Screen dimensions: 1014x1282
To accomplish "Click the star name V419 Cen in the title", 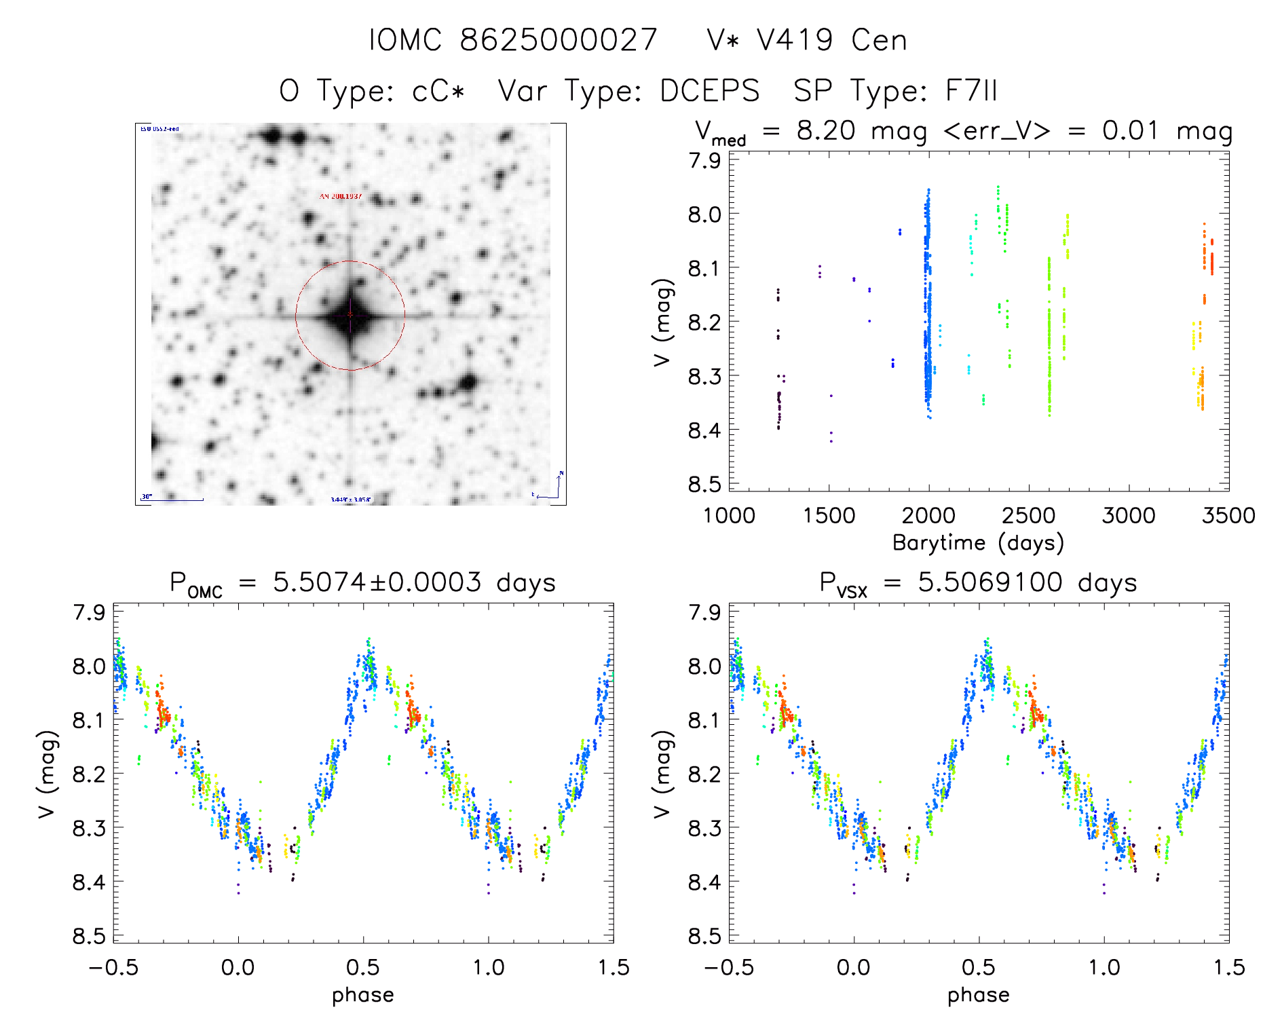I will (831, 40).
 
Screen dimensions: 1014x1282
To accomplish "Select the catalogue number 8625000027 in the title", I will (559, 40).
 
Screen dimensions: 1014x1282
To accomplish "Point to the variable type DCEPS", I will (709, 91).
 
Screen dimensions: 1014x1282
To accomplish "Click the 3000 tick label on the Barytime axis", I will (1129, 516).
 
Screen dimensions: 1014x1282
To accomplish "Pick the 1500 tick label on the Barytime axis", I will (829, 516).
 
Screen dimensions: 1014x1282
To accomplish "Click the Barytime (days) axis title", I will (978, 543).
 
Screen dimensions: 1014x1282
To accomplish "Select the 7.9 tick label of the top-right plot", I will (704, 161).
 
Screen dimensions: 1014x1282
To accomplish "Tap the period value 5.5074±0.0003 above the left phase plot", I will (377, 582).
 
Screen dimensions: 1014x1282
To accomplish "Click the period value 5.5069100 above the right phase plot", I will (989, 582).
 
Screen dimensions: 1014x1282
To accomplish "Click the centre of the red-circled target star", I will (350, 315).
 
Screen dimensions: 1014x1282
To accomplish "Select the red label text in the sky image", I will (341, 197).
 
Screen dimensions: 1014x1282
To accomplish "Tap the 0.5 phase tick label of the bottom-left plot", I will (363, 968).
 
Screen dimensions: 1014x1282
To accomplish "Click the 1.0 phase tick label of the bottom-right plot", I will (1104, 968).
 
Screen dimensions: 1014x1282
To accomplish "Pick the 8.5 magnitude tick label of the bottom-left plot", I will (89, 937).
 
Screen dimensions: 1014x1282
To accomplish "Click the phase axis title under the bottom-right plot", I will (978, 995).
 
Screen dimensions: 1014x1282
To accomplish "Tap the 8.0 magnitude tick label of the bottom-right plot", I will (704, 666).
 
